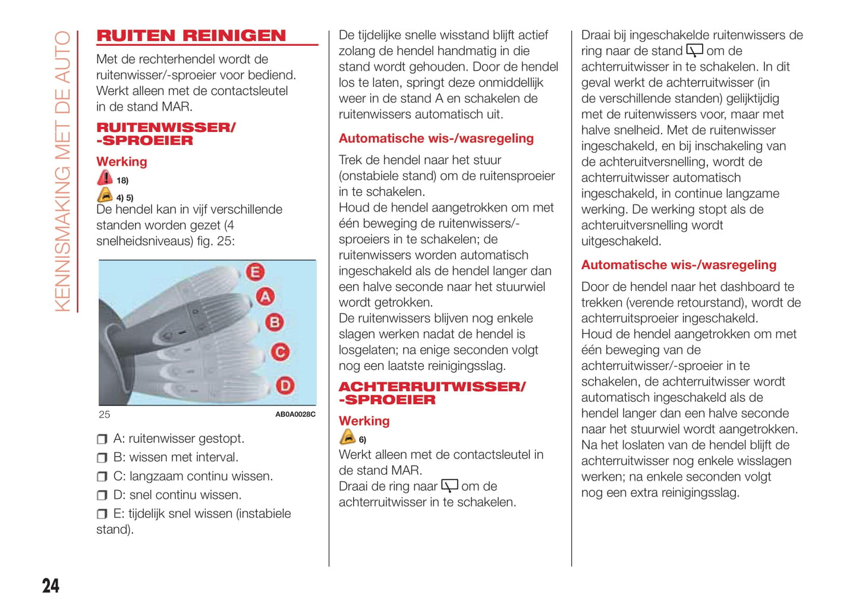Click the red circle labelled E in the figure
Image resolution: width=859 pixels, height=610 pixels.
pos(255,272)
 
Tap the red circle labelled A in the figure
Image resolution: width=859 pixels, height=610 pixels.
pos(265,296)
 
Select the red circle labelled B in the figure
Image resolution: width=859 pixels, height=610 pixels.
pos(274,322)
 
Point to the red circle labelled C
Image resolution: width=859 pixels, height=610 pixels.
pos(280,352)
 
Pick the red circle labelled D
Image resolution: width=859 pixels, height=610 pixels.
pos(285,386)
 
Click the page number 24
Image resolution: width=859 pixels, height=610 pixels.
pos(51,586)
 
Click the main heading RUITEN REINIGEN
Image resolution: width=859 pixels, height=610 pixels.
pos(191,36)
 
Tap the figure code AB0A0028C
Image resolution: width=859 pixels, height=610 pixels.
pos(295,414)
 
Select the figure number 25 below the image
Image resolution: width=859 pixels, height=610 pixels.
pos(105,414)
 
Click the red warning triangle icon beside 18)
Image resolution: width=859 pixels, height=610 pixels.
pos(105,178)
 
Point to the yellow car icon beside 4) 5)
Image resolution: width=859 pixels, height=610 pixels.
pos(105,195)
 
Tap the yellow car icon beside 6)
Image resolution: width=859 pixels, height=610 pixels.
pos(347,438)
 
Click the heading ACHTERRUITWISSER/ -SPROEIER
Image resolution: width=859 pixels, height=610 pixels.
pos(432,393)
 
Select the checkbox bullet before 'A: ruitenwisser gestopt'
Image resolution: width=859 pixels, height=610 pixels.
pos(102,439)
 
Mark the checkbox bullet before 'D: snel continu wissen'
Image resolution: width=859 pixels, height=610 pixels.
pos(102,495)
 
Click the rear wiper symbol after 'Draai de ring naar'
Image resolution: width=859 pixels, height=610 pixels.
pos(449,486)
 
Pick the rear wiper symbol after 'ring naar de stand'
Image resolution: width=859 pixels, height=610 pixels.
pos(694,51)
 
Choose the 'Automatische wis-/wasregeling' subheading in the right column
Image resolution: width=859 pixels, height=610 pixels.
pos(678,265)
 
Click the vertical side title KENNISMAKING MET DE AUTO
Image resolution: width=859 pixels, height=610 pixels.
pos(62,171)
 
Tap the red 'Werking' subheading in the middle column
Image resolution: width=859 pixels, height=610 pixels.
pos(364,421)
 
